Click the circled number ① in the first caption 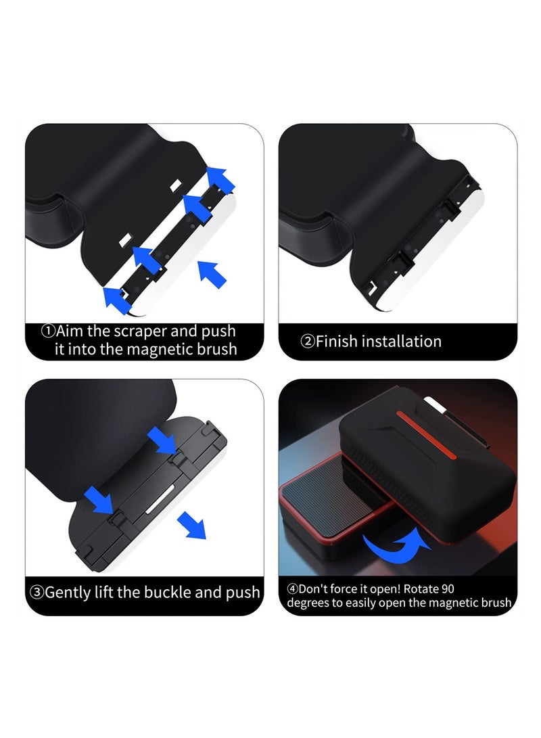[47, 331]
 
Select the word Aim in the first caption [70, 331]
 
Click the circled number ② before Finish [307, 341]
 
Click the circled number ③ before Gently [37, 593]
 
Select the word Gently [69, 593]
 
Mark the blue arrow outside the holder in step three [191, 524]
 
